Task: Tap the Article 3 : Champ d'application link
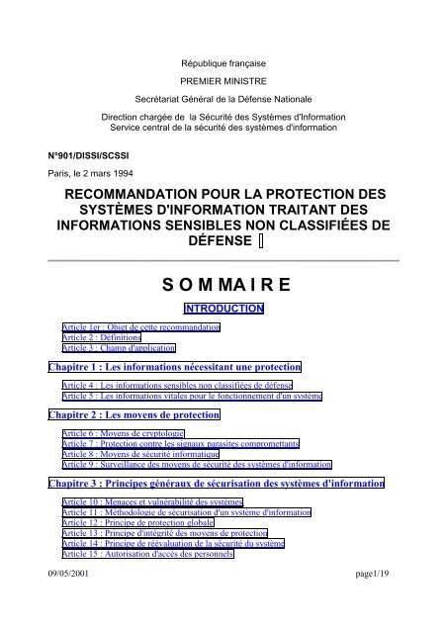(x=118, y=348)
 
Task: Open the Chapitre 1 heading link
(x=175, y=368)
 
